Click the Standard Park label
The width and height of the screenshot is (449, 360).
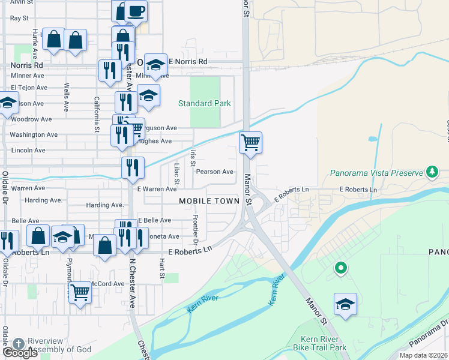(x=205, y=103)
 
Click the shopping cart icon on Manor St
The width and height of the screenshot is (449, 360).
(x=250, y=143)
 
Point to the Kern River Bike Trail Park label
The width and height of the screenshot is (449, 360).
(x=320, y=343)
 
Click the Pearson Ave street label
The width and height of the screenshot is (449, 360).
(x=215, y=172)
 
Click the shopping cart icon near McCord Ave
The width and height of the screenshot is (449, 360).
(x=79, y=293)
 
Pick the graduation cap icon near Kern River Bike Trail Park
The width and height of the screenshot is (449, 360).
(x=345, y=304)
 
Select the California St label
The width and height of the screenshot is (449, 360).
(x=96, y=114)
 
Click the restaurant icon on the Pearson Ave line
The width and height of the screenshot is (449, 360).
(x=132, y=167)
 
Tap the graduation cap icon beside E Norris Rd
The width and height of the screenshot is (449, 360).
(x=155, y=65)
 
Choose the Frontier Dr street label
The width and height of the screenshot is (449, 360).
(x=196, y=230)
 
